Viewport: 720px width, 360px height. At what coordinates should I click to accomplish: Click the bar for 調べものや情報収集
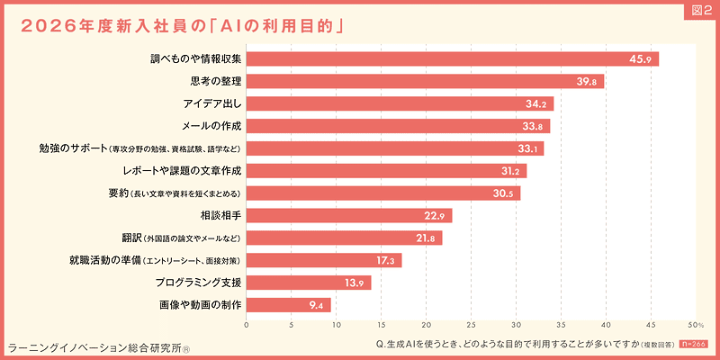point(450,59)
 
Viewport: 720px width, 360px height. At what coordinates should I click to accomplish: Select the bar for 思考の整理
point(423,82)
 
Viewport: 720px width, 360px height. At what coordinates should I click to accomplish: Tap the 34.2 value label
point(538,104)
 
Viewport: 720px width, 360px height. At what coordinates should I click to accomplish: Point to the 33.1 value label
point(530,148)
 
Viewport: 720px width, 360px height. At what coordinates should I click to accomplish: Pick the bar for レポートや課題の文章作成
point(385,171)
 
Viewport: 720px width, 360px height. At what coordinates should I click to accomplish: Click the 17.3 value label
point(388,261)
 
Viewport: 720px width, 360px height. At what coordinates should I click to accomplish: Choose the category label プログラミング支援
point(199,283)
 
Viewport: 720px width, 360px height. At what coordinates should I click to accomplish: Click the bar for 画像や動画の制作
point(288,305)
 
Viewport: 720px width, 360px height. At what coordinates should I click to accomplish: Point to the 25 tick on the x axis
point(471,325)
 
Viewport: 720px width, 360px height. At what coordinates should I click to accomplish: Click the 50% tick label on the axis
point(695,325)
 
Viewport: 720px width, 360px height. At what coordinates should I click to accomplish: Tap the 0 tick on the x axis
point(247,325)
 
